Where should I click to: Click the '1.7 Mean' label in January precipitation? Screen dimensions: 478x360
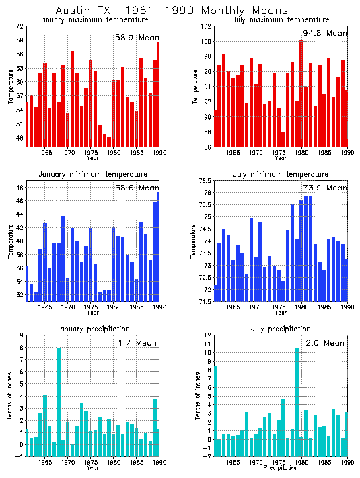coord(134,343)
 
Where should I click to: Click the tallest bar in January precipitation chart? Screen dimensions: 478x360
coord(59,401)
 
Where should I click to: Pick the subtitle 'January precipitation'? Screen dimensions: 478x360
coord(93,328)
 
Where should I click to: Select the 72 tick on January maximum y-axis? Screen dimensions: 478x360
coord(19,26)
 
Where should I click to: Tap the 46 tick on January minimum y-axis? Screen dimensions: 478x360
coord(19,188)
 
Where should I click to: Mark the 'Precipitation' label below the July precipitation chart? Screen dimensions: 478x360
coord(280,467)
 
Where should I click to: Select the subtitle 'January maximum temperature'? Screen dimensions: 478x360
coord(93,20)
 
